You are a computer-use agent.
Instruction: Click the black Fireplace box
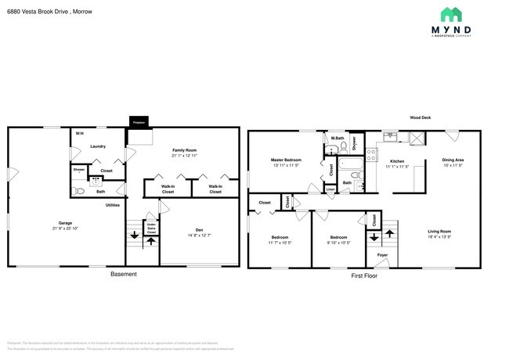[139, 123]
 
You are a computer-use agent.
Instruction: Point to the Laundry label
[98, 146]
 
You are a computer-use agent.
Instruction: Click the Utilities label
[112, 205]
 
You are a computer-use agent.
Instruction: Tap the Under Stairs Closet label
[151, 229]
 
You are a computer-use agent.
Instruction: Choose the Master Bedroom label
[287, 160]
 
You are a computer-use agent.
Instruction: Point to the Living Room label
[439, 231]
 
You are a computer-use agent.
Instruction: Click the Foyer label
[382, 255]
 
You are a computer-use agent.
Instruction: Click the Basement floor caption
[123, 274]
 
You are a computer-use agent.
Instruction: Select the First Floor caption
[364, 275]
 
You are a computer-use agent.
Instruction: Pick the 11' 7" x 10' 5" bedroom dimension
[281, 243]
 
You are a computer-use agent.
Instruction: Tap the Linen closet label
[330, 189]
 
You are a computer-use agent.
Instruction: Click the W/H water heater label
[79, 134]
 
